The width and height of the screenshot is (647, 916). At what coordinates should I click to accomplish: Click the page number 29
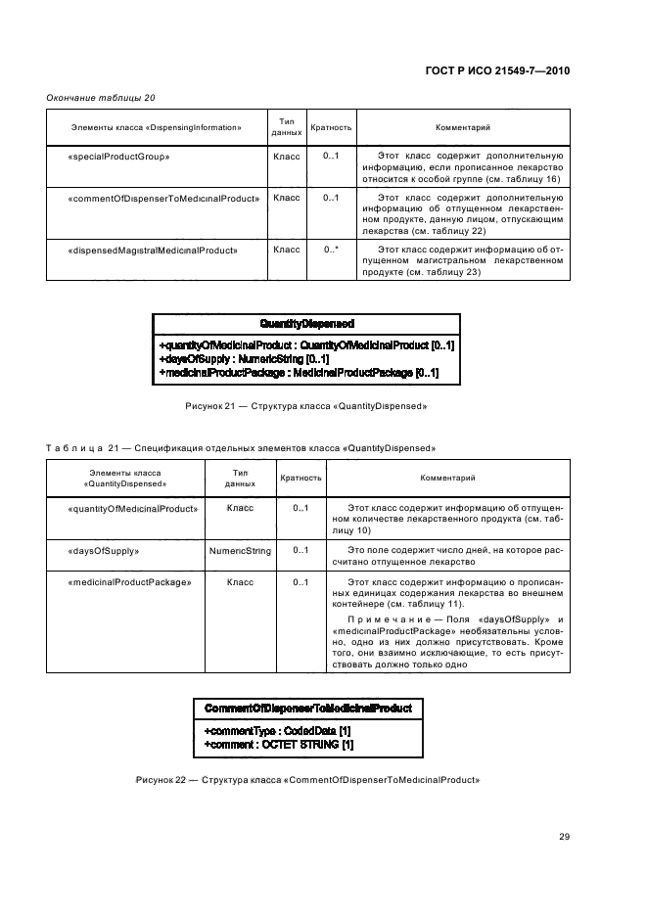[x=564, y=835]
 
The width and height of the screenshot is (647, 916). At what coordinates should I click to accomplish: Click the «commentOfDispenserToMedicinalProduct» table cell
[x=163, y=199]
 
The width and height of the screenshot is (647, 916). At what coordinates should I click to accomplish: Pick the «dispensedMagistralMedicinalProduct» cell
[x=154, y=250]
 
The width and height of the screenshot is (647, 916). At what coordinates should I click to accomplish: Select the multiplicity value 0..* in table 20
[x=331, y=250]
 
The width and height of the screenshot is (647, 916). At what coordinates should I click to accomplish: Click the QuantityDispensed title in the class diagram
[x=306, y=322]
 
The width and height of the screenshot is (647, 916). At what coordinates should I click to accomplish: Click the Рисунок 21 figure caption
[x=306, y=405]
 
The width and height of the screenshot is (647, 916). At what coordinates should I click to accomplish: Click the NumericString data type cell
[x=240, y=551]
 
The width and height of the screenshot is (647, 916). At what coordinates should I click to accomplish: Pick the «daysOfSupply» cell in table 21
[x=104, y=551]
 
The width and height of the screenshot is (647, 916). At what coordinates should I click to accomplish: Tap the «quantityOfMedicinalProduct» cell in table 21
[x=133, y=508]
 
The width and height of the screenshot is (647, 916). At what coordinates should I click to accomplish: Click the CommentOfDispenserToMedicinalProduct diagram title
[x=307, y=708]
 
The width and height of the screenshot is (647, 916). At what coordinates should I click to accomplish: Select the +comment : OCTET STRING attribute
[x=278, y=745]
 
